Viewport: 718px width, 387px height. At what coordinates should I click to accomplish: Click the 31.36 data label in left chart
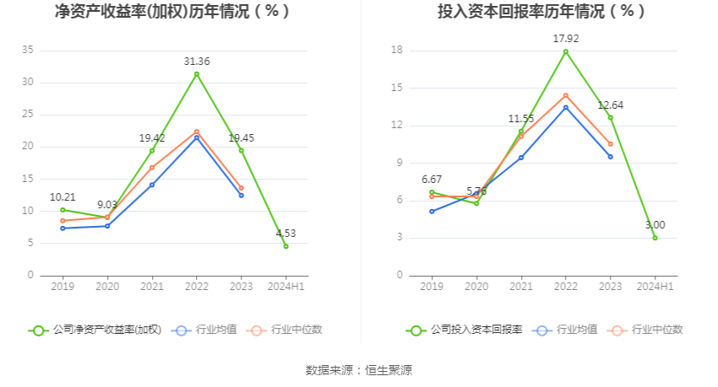coord(197,62)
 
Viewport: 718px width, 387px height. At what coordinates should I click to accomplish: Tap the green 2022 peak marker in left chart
coord(197,74)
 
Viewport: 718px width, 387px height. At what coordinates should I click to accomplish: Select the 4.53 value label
coord(286,234)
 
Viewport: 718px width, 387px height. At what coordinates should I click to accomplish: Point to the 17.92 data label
coord(566,38)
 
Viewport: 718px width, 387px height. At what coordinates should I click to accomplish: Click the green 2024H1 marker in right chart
coord(655,238)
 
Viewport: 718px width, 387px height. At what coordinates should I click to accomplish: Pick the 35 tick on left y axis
coord(28,51)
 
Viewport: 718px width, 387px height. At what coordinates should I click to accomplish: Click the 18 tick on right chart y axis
coord(396,51)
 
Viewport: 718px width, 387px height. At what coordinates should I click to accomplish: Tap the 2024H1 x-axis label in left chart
coord(286,287)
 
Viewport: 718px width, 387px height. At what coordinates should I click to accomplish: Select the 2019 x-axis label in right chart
coord(432,287)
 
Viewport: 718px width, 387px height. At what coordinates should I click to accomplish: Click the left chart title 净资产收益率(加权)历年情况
coord(171,12)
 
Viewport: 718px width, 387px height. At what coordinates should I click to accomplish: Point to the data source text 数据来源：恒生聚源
coord(359,370)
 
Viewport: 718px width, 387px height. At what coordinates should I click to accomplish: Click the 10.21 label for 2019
coord(63,197)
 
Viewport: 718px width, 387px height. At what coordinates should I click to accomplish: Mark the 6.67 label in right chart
coord(432,180)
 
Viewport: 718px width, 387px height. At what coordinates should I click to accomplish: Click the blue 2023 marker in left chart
coord(241,196)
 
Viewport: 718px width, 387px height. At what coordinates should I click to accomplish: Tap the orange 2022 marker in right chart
coord(566,95)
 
